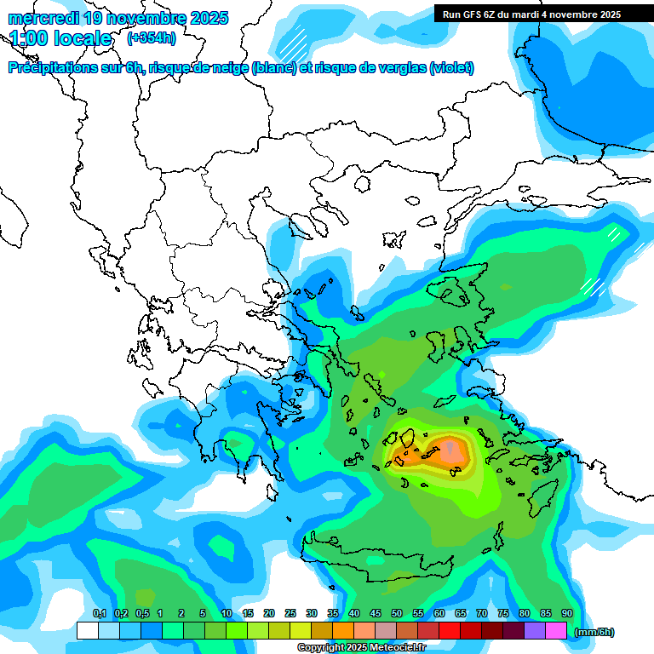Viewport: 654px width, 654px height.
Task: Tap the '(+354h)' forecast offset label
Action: [151, 38]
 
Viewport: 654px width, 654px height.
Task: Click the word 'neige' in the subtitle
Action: [229, 68]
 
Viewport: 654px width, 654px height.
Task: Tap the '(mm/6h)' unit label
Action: [594, 632]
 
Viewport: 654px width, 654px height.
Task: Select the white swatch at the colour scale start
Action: [87, 631]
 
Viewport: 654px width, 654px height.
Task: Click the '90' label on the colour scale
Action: [567, 614]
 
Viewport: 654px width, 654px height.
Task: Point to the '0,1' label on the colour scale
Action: [99, 614]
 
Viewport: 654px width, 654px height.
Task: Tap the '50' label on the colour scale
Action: [397, 614]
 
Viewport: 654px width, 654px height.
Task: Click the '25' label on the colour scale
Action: [290, 614]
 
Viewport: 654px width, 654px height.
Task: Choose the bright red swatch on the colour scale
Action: [450, 631]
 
